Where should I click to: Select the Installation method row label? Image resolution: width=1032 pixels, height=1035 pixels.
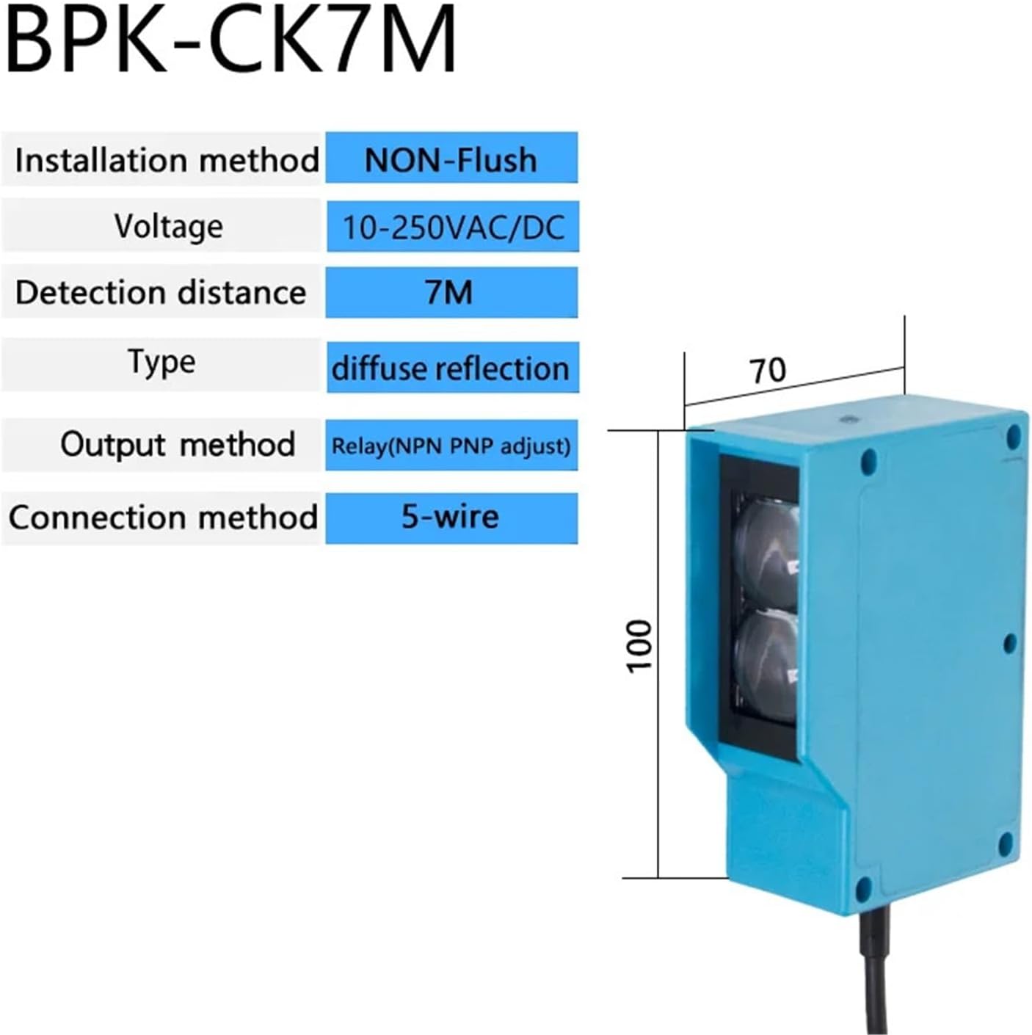click(167, 160)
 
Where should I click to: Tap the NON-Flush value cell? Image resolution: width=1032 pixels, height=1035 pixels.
click(451, 157)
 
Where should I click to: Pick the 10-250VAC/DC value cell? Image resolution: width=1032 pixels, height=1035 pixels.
click(453, 226)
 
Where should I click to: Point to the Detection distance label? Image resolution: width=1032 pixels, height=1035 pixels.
click(161, 293)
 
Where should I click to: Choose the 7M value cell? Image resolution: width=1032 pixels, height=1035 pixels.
click(451, 292)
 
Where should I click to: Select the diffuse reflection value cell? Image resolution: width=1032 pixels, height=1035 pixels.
click(452, 367)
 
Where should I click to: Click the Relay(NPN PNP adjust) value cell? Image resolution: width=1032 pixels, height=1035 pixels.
click(451, 446)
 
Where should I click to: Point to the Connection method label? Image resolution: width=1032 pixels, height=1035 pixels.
click(164, 518)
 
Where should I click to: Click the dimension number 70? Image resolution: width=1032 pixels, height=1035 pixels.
click(768, 370)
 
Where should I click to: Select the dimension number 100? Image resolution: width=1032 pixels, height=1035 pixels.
click(640, 645)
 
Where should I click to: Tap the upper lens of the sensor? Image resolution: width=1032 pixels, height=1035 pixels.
click(766, 558)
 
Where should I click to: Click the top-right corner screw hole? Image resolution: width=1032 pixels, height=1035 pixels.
click(1013, 436)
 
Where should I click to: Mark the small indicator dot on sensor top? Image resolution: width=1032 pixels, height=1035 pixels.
click(849, 418)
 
